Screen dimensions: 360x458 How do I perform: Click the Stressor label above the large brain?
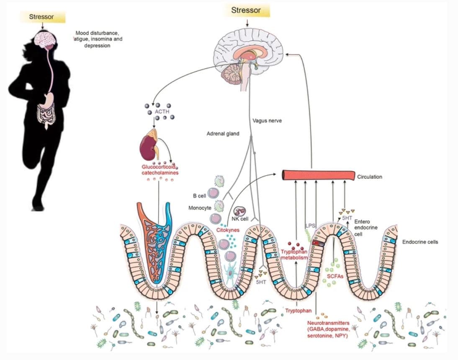click(x=246, y=10)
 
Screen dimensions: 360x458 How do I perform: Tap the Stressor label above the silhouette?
click(x=41, y=17)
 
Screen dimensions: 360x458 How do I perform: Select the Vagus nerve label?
click(x=267, y=121)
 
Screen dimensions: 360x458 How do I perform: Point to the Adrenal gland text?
click(x=223, y=134)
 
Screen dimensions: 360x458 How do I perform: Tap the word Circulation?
click(x=370, y=177)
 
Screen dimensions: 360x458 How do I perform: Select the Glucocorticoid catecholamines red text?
click(x=160, y=169)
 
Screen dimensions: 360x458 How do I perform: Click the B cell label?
click(x=200, y=196)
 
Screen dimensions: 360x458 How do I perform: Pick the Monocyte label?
click(x=200, y=208)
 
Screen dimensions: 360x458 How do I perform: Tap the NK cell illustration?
click(x=241, y=211)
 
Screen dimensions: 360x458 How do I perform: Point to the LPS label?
click(x=310, y=225)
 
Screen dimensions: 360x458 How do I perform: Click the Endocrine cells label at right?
click(x=420, y=242)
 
